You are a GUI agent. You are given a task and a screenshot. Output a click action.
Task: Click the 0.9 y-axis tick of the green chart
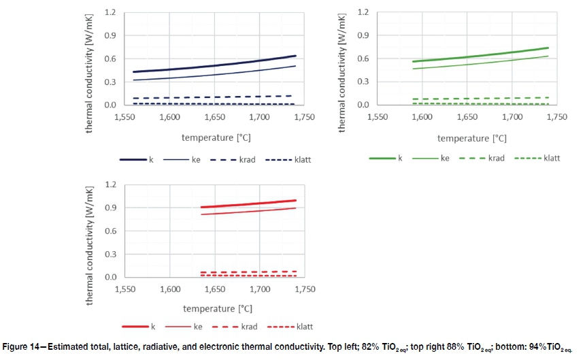(x=364, y=35)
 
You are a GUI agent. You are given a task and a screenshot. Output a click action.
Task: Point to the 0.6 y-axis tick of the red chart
(x=111, y=231)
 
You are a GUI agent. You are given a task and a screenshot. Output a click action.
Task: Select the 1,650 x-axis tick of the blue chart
(x=214, y=117)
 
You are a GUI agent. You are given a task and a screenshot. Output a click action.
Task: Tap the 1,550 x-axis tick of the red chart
(x=125, y=289)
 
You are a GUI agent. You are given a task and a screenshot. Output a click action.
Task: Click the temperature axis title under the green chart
(x=471, y=138)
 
